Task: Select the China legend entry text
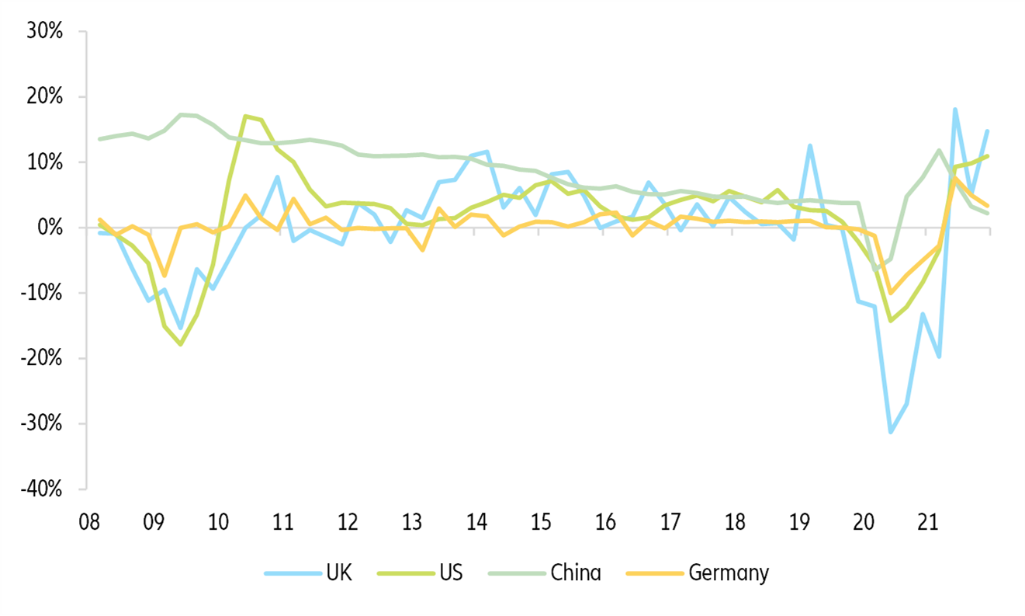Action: (x=575, y=573)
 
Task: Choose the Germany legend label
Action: (x=729, y=573)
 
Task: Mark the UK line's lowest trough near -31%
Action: (x=891, y=432)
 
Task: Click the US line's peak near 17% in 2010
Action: (x=245, y=117)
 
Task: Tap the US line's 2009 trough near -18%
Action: (x=181, y=344)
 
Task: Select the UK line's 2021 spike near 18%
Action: (x=955, y=110)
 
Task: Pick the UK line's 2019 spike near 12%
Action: (x=810, y=145)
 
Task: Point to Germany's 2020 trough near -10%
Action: (x=891, y=294)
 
